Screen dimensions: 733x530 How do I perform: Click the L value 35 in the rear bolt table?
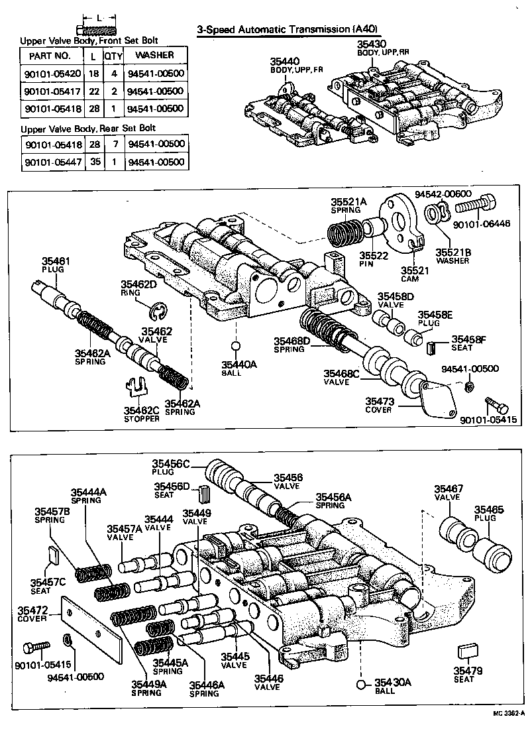click(x=96, y=162)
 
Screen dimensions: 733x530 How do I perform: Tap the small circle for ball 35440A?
click(x=235, y=346)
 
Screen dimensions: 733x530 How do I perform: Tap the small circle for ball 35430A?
click(x=361, y=684)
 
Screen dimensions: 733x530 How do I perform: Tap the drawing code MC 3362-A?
click(x=507, y=714)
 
